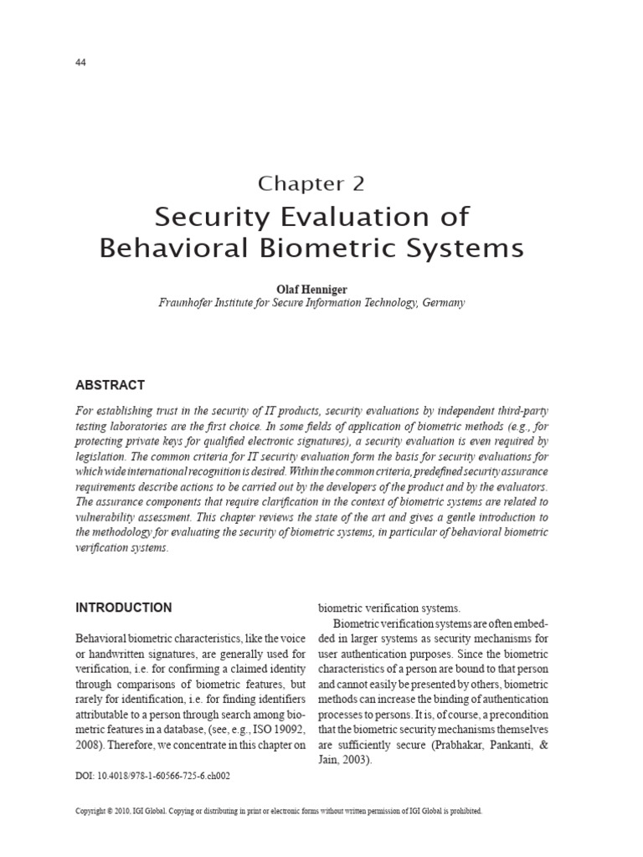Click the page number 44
tap(81, 63)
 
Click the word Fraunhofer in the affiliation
tap(188, 302)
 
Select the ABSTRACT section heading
tap(110, 385)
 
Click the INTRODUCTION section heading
tap(124, 608)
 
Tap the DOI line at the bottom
tap(152, 776)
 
